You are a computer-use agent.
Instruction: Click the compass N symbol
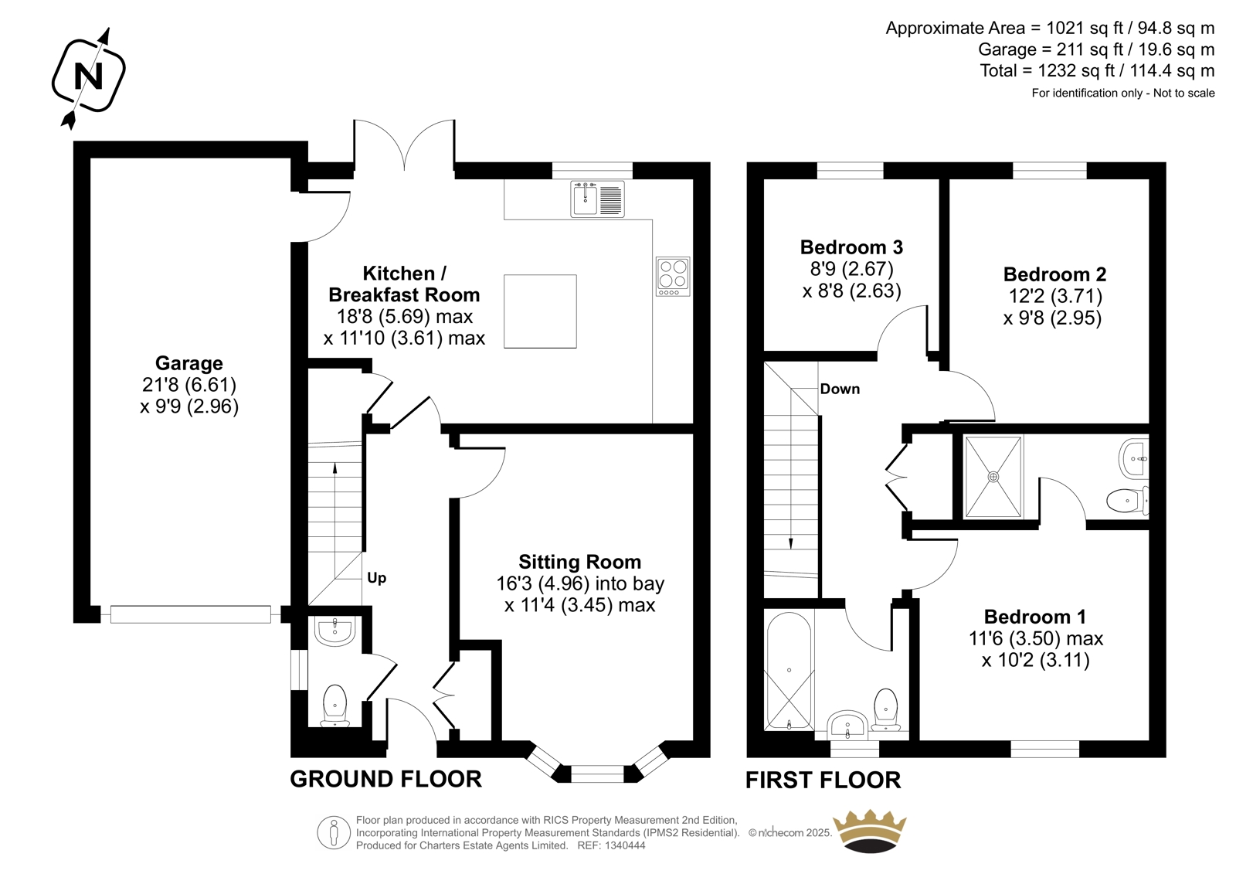click(x=88, y=77)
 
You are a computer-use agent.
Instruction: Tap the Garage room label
click(x=188, y=363)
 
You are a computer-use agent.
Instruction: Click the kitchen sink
click(x=598, y=199)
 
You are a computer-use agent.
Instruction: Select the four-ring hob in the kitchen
click(x=673, y=276)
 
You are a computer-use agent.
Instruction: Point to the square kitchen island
click(x=540, y=311)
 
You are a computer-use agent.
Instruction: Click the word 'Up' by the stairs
click(x=377, y=578)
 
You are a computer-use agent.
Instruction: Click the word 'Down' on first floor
click(x=840, y=389)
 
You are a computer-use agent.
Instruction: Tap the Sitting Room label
click(x=580, y=562)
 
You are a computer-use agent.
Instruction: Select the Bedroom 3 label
click(x=851, y=247)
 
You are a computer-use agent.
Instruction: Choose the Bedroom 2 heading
click(x=1054, y=274)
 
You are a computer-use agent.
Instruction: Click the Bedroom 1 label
click(x=1035, y=616)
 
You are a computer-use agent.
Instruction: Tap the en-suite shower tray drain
click(x=993, y=477)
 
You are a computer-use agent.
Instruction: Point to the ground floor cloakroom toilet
click(x=334, y=706)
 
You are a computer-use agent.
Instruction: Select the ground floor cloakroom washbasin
click(x=335, y=631)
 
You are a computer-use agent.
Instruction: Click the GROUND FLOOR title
click(x=385, y=779)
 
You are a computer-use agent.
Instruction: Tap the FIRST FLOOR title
click(x=823, y=780)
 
